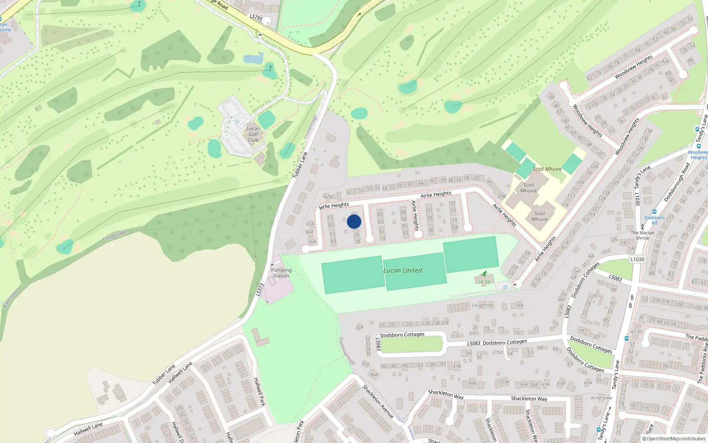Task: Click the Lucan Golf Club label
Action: pyautogui.click(x=253, y=134)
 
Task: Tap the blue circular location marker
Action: pyautogui.click(x=354, y=221)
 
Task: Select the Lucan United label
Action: pyautogui.click(x=403, y=270)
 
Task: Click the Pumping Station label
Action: pyautogui.click(x=281, y=273)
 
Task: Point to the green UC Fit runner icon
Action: pyautogui.click(x=485, y=274)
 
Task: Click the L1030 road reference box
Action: pyautogui.click(x=637, y=259)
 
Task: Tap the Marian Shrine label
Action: pyautogui.click(x=643, y=235)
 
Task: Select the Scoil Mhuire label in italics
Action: pyautogui.click(x=547, y=169)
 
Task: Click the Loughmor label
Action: pyautogui.click(x=482, y=305)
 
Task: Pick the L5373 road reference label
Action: pyautogui.click(x=260, y=290)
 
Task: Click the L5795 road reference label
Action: pyautogui.click(x=256, y=18)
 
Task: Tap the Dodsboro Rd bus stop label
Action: pyautogui.click(x=654, y=220)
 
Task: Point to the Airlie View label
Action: pyautogui.click(x=601, y=398)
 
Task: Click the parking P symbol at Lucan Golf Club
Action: pyautogui.click(x=237, y=123)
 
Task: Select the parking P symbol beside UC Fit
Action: pyautogui.click(x=505, y=288)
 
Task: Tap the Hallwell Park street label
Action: pyautogui.click(x=259, y=392)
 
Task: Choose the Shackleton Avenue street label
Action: pyautogui.click(x=378, y=401)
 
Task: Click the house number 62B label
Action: pyautogui.click(x=328, y=196)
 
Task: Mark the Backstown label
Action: pyautogui.click(x=12, y=298)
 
